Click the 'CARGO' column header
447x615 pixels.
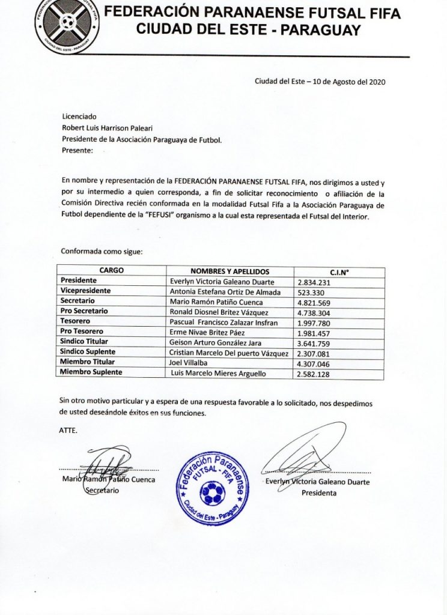112,271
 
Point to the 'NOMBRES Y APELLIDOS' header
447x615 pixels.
230,271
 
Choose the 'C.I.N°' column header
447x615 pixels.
339,271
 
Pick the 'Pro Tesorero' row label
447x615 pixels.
84,332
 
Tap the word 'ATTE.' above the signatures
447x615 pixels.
68,431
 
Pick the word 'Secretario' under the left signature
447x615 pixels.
103,490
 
